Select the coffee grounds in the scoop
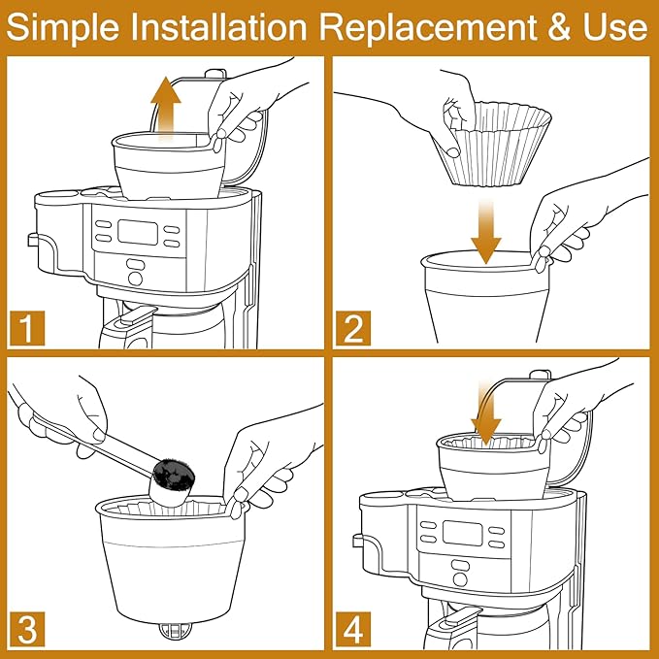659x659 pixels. coord(175,475)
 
